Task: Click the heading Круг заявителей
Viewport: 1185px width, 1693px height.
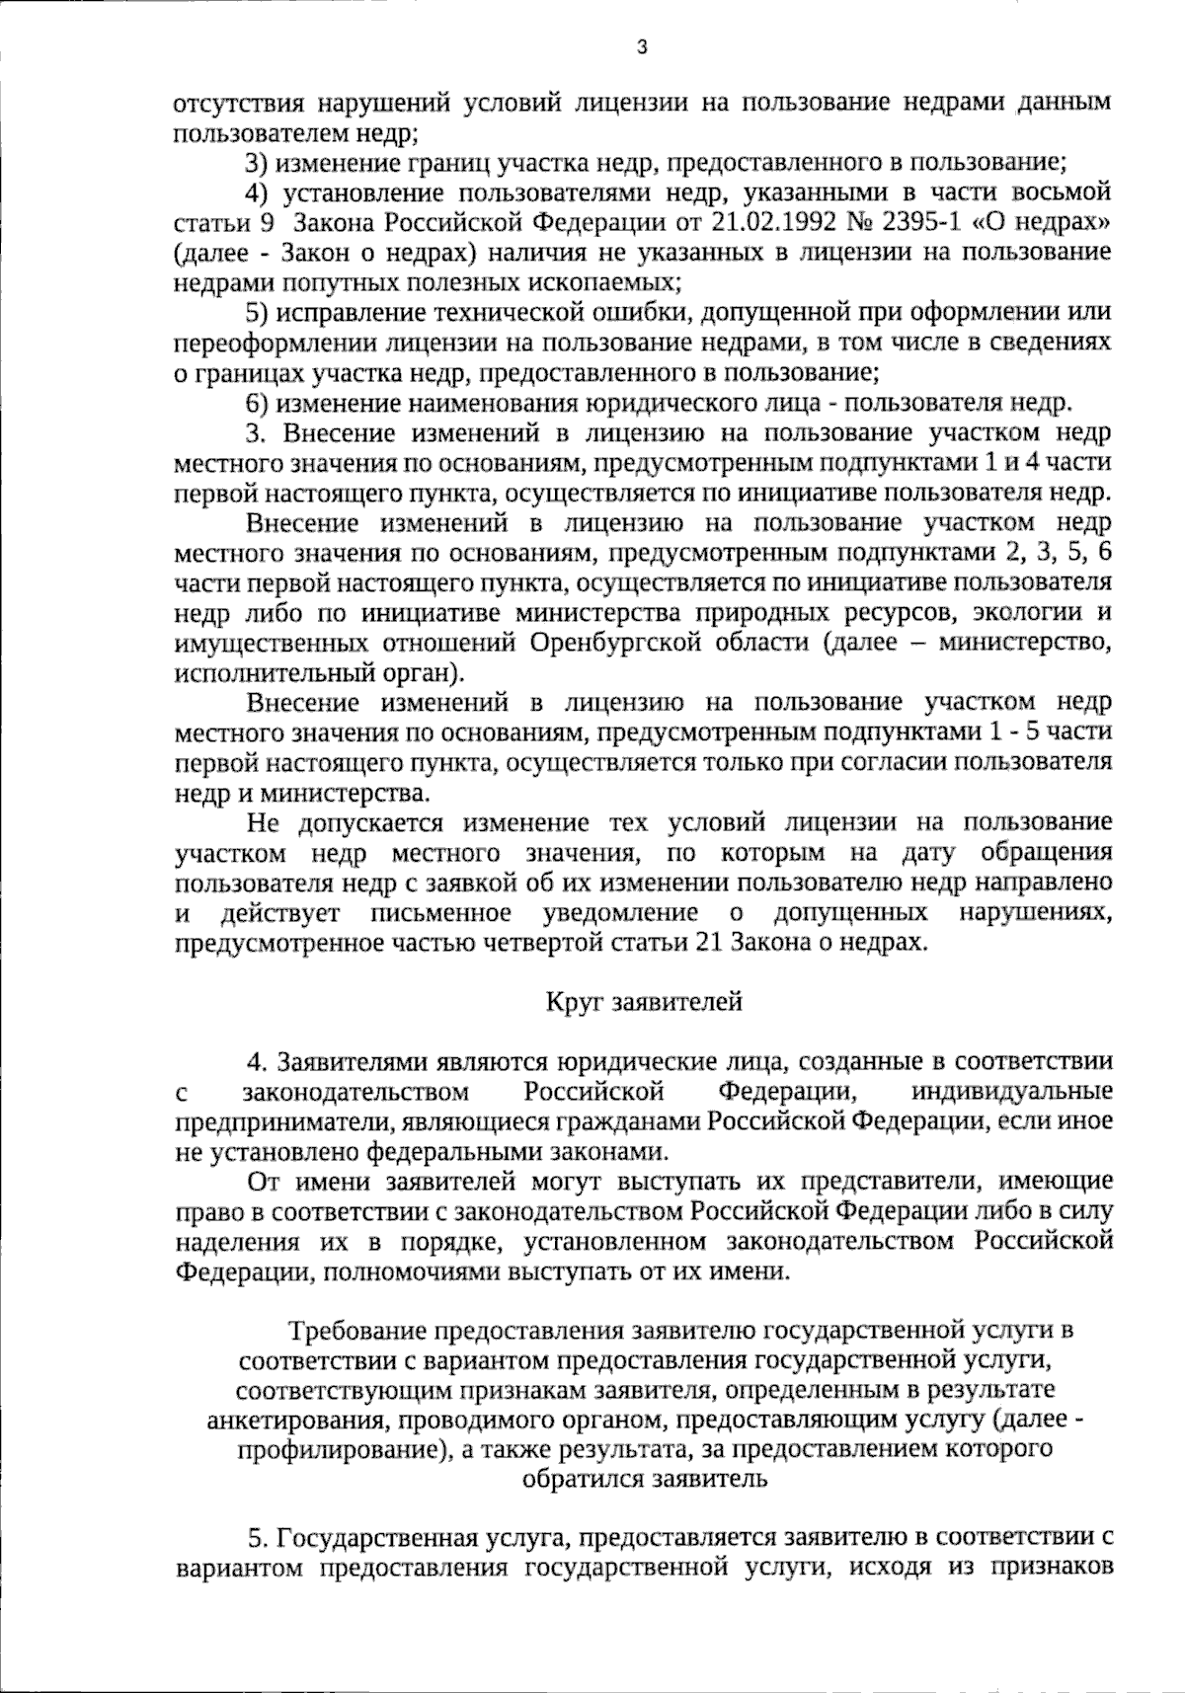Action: [643, 1003]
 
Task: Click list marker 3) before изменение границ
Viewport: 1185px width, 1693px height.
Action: [257, 161]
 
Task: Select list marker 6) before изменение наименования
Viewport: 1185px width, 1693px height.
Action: [257, 403]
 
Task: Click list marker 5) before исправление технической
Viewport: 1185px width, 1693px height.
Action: [257, 313]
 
